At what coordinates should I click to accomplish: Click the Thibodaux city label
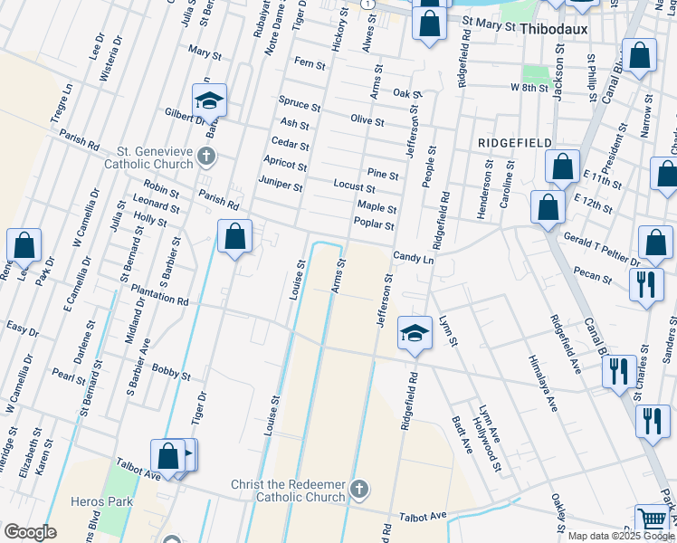555,29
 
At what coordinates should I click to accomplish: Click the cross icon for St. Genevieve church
206,157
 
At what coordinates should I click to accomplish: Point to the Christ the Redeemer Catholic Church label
288,491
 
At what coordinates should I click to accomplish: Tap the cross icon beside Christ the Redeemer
359,491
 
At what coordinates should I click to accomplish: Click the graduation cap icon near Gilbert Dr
209,101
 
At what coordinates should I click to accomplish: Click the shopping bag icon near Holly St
235,238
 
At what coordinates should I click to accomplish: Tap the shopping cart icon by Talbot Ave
652,519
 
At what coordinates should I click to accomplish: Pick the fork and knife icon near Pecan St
645,285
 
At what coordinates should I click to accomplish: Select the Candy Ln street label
415,259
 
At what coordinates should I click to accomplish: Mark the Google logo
30,532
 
